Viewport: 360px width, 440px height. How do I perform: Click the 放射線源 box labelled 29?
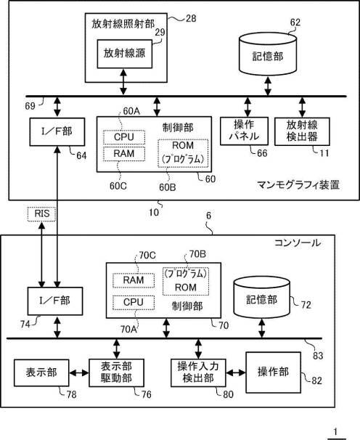125,54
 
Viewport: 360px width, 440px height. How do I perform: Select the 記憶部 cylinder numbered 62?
268,54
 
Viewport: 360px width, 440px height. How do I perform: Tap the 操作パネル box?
244,131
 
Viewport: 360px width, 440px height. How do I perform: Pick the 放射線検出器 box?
302,131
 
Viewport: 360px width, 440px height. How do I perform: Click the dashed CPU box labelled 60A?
124,137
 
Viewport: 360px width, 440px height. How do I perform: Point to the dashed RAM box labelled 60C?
124,154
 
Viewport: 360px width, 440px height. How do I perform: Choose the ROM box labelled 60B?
183,153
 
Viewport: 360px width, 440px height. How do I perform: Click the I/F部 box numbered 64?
57,131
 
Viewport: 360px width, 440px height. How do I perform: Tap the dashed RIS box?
42,213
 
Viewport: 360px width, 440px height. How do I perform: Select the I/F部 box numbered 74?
55,301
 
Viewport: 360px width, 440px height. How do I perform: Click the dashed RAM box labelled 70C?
134,280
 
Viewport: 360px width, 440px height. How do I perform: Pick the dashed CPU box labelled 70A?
134,303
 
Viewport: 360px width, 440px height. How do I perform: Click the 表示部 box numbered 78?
41,372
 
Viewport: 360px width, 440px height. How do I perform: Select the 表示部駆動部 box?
116,372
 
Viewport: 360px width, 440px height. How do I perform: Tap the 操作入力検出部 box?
198,372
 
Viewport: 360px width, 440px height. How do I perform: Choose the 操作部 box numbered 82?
274,372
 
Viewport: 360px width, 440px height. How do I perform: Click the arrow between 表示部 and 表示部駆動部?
79,373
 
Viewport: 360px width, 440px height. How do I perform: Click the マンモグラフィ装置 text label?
298,185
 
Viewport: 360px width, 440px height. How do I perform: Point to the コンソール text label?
298,243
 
